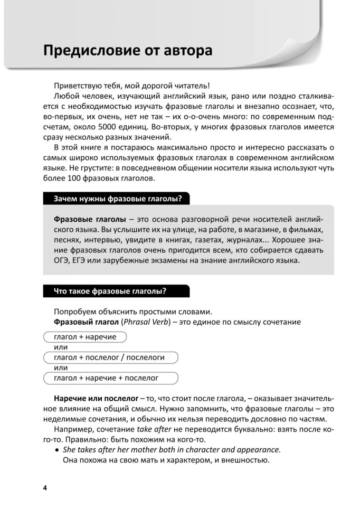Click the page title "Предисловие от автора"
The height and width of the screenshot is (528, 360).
pyautogui.click(x=128, y=51)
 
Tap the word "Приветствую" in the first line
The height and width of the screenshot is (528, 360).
pyautogui.click(x=79, y=86)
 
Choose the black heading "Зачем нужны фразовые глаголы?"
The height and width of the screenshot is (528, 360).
pyautogui.click(x=118, y=199)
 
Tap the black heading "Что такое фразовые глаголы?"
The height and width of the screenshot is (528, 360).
pyautogui.click(x=110, y=291)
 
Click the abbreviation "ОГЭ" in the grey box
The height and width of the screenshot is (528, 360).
pyautogui.click(x=63, y=261)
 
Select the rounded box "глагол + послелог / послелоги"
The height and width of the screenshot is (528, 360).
pyautogui.click(x=109, y=357)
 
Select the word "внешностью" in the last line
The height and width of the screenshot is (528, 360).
pyautogui.click(x=244, y=460)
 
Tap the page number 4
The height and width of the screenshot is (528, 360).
pyautogui.click(x=45, y=487)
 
